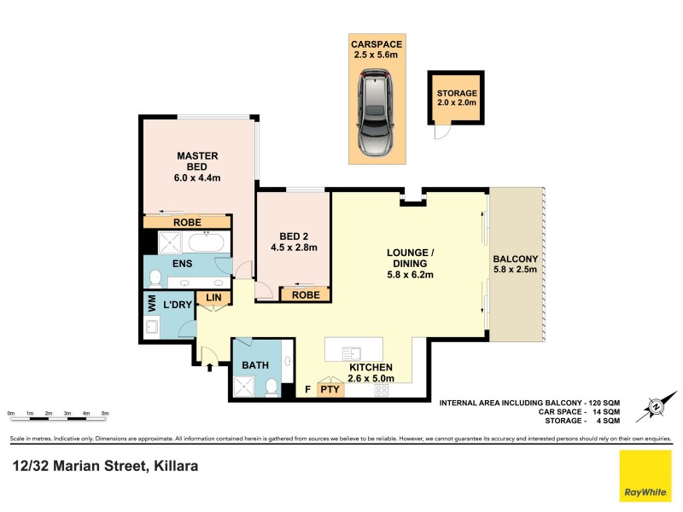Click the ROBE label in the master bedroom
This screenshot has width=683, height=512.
[x=187, y=222]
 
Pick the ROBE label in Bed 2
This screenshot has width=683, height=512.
[x=306, y=294]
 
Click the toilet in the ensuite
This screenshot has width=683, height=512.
[x=155, y=278]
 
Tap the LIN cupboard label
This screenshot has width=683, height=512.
[x=212, y=298]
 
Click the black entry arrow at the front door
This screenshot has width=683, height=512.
[x=210, y=367]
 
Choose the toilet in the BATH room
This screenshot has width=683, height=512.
[x=271, y=388]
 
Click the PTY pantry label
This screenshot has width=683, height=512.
[x=330, y=390]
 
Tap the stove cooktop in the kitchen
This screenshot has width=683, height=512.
[x=381, y=390]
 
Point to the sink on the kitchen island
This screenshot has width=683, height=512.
[x=352, y=351]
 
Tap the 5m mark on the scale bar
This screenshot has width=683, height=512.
[x=105, y=413]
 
